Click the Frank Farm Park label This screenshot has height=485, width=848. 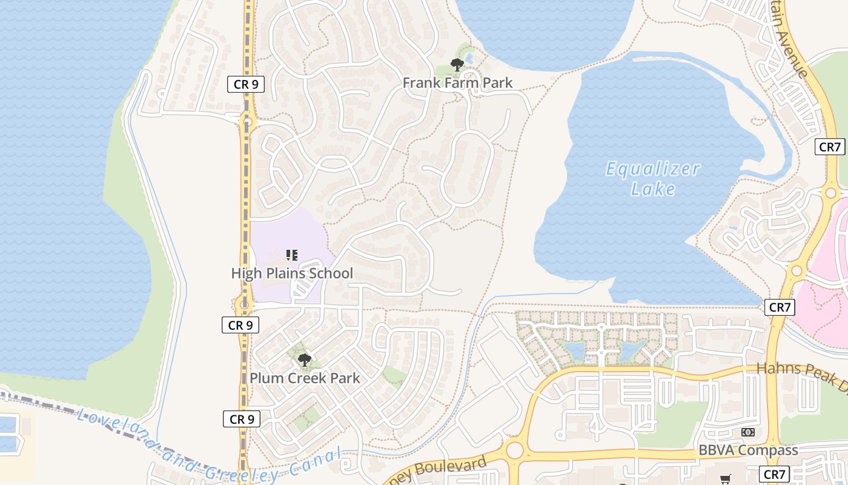457,83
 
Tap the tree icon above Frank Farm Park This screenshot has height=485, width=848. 457,65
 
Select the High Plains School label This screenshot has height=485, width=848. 292,273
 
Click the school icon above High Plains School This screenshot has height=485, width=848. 291,255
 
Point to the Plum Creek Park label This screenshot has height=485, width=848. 305,378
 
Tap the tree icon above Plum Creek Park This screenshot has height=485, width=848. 304,361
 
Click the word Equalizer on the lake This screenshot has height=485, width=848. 653,169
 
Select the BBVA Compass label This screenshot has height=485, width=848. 748,450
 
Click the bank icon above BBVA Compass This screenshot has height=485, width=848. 748,432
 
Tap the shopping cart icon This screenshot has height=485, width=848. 725,479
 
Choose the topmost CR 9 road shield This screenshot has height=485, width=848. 246,84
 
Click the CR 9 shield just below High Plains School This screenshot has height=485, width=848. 240,326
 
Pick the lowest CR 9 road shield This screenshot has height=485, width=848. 241,419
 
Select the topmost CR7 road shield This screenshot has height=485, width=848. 830,147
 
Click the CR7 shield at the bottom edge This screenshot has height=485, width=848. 775,474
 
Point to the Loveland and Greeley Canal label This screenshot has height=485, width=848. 206,449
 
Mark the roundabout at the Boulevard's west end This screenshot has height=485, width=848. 514,450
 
